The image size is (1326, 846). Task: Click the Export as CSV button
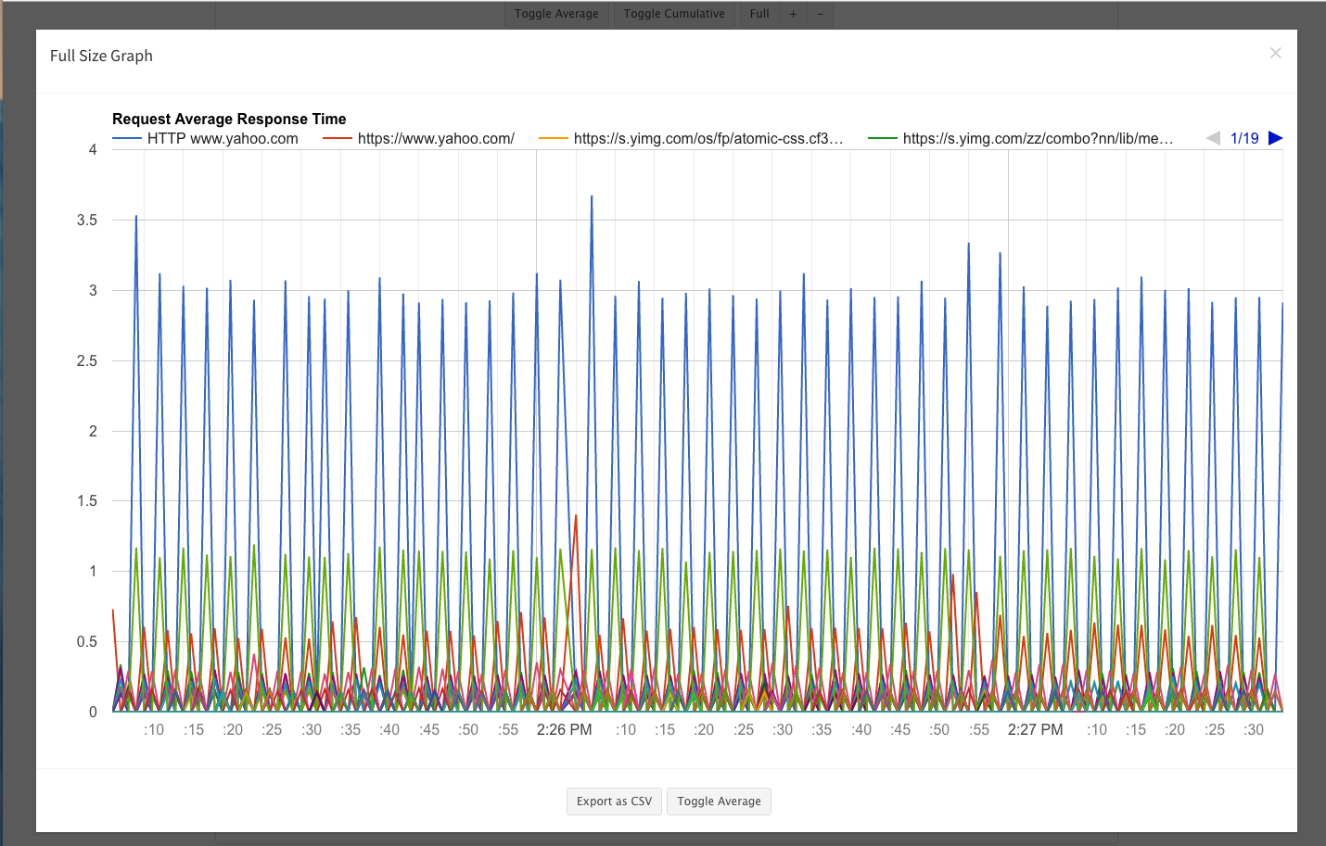click(614, 801)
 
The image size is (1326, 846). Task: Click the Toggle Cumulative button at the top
click(673, 14)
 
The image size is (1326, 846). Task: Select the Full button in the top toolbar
click(759, 14)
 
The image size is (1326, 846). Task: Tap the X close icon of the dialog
click(1276, 53)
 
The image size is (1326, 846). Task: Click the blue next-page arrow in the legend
click(1276, 138)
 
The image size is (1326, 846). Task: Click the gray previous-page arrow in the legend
click(1213, 138)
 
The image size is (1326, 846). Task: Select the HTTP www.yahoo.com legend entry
click(205, 138)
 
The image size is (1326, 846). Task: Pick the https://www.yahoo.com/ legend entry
click(418, 138)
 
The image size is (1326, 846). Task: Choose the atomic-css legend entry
click(691, 138)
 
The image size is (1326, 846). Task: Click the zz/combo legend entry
click(1021, 138)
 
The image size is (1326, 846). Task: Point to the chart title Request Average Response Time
click(229, 119)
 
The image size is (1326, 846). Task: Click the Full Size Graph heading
click(101, 56)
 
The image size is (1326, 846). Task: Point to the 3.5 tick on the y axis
click(87, 221)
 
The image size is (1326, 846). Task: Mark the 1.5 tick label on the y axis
click(87, 501)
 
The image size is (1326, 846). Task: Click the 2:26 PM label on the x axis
click(564, 729)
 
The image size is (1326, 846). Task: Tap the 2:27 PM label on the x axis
click(1036, 729)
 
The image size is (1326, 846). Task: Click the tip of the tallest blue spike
click(592, 196)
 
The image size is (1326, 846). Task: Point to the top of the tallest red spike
click(576, 515)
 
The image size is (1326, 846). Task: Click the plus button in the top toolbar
click(793, 14)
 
